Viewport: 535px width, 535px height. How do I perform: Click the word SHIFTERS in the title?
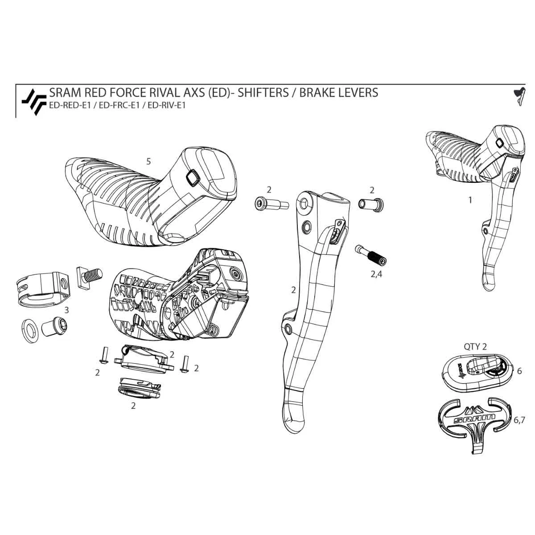[x=263, y=92]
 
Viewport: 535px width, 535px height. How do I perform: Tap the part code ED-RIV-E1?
[x=166, y=106]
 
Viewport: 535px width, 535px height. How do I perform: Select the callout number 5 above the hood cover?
[x=148, y=161]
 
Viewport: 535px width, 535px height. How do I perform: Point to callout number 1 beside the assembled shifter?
[x=469, y=200]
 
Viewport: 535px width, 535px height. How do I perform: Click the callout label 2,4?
[x=376, y=274]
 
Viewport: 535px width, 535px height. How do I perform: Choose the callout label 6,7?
[x=519, y=420]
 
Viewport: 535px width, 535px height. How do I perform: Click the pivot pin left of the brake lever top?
[x=270, y=204]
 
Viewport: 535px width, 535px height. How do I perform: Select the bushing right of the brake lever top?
[x=371, y=204]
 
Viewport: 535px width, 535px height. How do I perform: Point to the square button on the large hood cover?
[x=193, y=178]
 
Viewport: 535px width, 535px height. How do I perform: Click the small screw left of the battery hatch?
[x=103, y=357]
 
